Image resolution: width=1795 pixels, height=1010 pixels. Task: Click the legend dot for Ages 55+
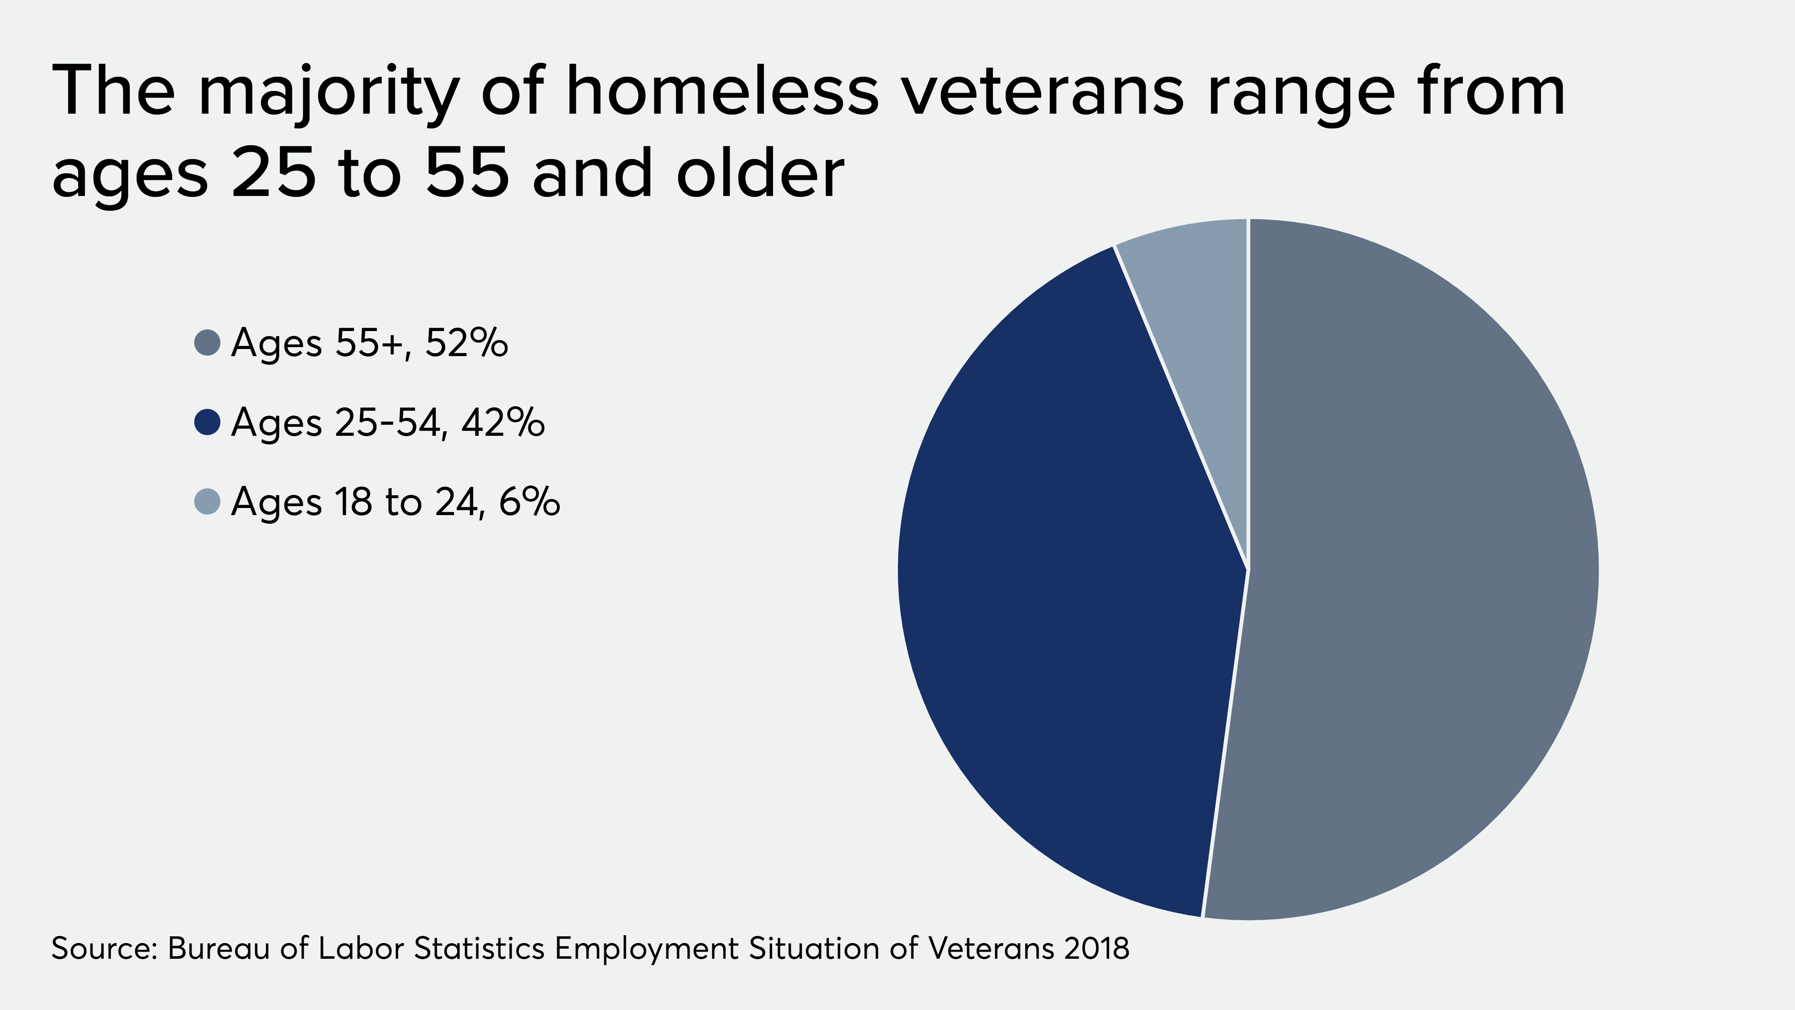click(x=207, y=342)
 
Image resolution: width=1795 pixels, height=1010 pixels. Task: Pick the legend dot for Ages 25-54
click(x=207, y=422)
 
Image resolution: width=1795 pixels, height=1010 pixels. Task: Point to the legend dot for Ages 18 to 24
click(x=207, y=501)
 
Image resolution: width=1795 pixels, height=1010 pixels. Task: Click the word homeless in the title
click(x=722, y=91)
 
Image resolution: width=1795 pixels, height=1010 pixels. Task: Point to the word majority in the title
click(x=328, y=94)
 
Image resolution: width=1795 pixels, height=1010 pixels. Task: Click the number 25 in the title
click(x=273, y=173)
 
